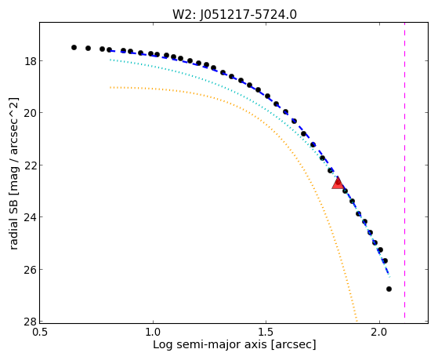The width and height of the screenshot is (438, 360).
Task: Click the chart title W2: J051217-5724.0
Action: [x=234, y=14]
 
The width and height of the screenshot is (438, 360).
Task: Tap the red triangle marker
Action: [x=338, y=183]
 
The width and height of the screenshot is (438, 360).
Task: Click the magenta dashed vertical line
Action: [x=404, y=170]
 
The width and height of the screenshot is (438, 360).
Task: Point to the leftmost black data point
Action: [x=74, y=47]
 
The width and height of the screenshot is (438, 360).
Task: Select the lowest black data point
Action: [x=389, y=289]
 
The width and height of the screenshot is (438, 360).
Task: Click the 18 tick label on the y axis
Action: [x=29, y=61]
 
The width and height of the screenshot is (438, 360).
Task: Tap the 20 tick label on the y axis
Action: [x=29, y=113]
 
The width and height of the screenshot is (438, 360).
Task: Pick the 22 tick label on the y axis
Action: [x=29, y=165]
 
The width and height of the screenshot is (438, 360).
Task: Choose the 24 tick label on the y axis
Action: [x=29, y=217]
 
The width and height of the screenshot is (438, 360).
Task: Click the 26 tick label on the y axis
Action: [x=29, y=269]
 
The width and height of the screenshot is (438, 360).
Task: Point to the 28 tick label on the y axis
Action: [x=29, y=322]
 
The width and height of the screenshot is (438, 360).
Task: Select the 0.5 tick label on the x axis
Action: [x=40, y=332]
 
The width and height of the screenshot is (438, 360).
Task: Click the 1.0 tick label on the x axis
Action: [x=153, y=332]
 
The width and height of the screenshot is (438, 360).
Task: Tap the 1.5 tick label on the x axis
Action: [x=266, y=332]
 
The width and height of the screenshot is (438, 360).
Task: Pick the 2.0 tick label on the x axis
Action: [x=379, y=332]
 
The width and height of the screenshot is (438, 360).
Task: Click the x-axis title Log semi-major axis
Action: [x=210, y=344]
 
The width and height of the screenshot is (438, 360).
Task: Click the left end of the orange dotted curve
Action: [x=110, y=87]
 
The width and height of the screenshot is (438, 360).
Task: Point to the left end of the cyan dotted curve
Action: [x=110, y=60]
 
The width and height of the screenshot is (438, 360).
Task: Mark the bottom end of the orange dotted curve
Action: [x=357, y=321]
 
